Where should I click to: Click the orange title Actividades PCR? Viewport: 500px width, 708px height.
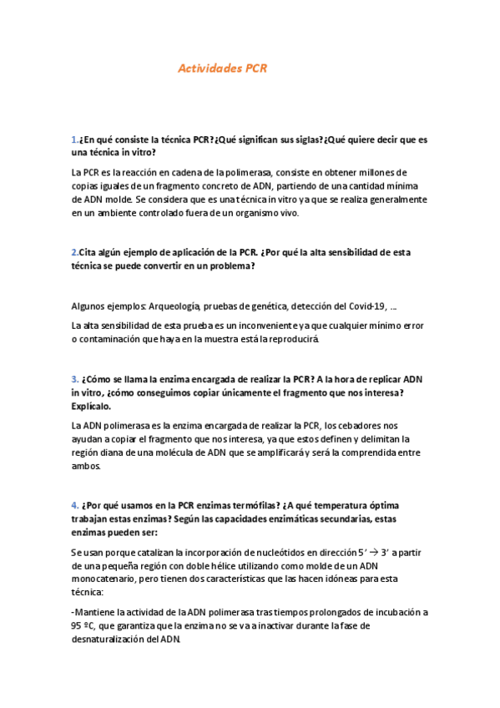coord(222,69)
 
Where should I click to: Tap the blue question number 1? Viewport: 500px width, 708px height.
coord(74,139)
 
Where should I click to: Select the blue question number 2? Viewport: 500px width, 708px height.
coord(74,251)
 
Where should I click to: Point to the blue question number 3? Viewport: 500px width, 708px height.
coord(74,379)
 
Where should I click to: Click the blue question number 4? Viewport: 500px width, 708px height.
coord(74,506)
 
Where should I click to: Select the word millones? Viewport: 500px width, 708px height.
coord(383,172)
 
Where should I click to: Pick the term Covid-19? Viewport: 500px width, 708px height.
coord(362,306)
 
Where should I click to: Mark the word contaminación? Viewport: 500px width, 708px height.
coord(113,340)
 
